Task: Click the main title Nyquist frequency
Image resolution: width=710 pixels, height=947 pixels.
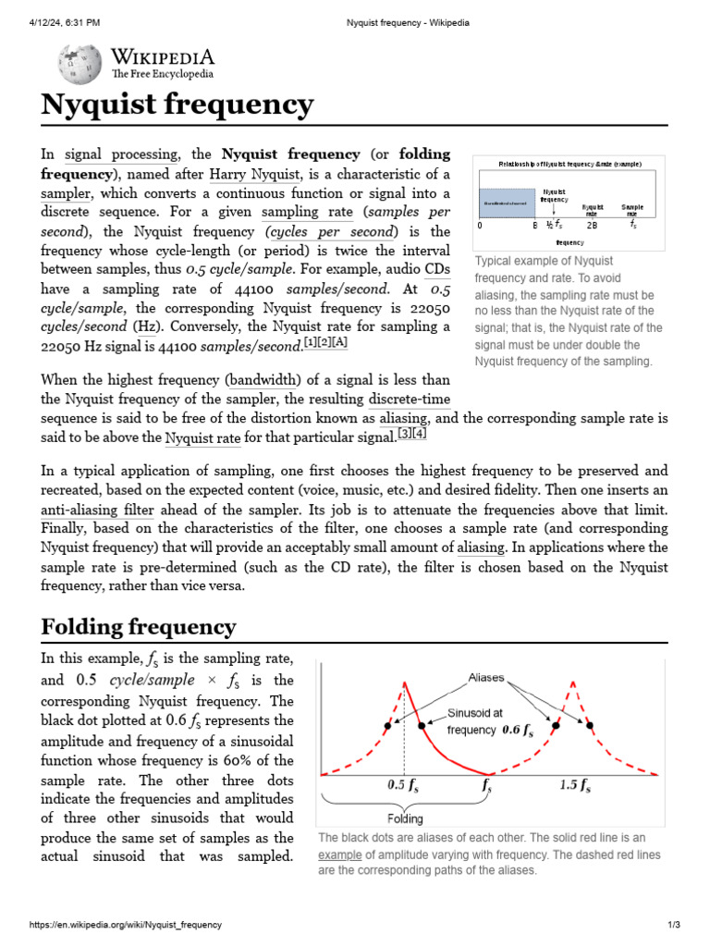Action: tap(177, 105)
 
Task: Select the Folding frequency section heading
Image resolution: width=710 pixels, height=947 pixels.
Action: tap(139, 627)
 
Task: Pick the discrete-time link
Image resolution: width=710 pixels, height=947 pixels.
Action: tap(410, 399)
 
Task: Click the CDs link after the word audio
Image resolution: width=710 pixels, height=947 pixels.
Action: tap(437, 269)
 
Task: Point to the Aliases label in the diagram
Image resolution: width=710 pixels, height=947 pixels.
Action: tap(486, 677)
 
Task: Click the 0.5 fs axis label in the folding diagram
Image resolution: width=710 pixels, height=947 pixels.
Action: tap(402, 786)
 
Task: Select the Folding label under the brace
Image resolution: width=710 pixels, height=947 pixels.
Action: tap(405, 818)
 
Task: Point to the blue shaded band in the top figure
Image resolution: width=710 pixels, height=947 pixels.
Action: tap(507, 201)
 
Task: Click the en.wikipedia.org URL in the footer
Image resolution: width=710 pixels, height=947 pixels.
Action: tap(126, 925)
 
